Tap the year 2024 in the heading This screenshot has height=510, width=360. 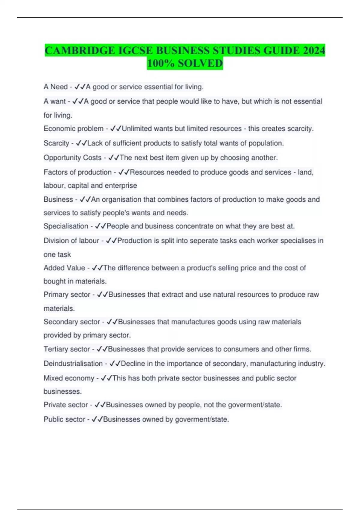click(314, 50)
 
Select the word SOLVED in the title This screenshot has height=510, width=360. click(200, 63)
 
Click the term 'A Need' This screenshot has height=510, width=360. click(55, 87)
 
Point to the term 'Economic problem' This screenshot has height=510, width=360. click(73, 129)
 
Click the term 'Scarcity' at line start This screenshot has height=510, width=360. click(56, 143)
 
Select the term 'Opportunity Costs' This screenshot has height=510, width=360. click(73, 158)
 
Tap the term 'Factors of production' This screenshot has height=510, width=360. click(77, 172)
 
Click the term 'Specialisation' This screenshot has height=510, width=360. click(66, 226)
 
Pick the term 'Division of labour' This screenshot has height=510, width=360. click(71, 241)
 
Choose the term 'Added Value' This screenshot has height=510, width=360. click(64, 268)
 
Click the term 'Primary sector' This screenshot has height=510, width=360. click(67, 295)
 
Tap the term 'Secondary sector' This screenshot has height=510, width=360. click(72, 322)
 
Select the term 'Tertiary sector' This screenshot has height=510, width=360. click(67, 349)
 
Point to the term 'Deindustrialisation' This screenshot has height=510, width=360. click(73, 364)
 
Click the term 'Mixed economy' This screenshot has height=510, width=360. click(69, 378)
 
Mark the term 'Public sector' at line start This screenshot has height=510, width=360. click(64, 419)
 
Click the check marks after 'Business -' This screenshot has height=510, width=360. click(85, 199)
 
